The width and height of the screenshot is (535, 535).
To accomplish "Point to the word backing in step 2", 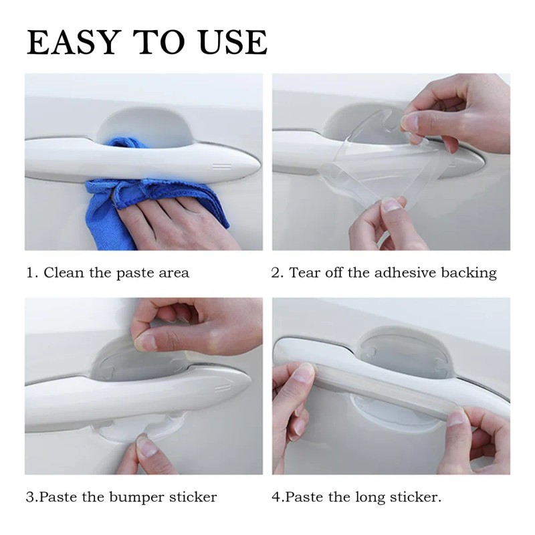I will coord(471,273).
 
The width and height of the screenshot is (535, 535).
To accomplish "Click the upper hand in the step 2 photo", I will coord(461,110).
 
